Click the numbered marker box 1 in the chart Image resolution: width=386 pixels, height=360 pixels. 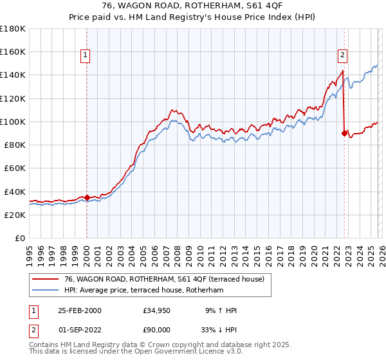[x=86, y=56]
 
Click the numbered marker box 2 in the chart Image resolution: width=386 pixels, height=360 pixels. [x=343, y=56]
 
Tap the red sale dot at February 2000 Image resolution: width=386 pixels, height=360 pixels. [x=87, y=197]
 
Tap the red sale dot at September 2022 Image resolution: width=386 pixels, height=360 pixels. [x=344, y=133]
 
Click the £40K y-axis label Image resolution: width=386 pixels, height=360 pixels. [x=15, y=192]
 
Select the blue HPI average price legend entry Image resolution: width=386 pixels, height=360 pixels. [x=143, y=291]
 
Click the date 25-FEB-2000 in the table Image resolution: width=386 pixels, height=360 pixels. [x=79, y=310]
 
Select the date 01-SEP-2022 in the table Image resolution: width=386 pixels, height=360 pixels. [x=79, y=329]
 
